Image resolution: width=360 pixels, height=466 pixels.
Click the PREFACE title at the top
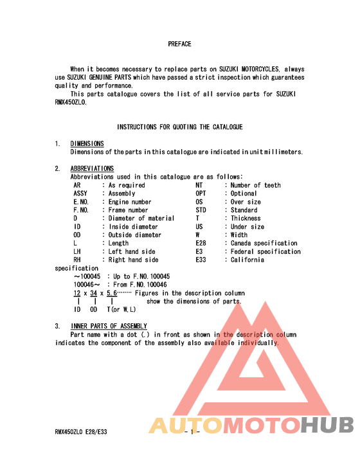[x=179, y=44]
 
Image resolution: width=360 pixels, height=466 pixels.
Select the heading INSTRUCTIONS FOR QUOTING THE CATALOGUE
[x=180, y=127]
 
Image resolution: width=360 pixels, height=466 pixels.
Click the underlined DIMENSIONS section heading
[x=87, y=144]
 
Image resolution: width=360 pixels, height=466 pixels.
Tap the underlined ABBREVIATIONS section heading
[x=92, y=169]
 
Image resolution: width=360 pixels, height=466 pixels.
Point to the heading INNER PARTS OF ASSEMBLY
[x=109, y=327]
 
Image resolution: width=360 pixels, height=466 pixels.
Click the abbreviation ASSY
[x=80, y=193]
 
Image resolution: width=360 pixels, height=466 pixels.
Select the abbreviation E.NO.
[x=81, y=202]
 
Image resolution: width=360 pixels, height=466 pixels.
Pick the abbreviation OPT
[x=201, y=193]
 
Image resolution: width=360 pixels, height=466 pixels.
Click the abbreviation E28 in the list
[x=201, y=244]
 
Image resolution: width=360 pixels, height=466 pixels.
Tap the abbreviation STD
[x=201, y=210]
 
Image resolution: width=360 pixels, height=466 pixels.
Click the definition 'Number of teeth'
[x=255, y=185]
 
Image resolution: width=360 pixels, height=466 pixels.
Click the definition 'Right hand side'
[x=133, y=260]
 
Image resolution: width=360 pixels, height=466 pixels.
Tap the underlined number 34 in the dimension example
[x=94, y=293]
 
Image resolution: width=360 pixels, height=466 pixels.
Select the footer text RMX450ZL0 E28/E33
[x=81, y=432]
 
